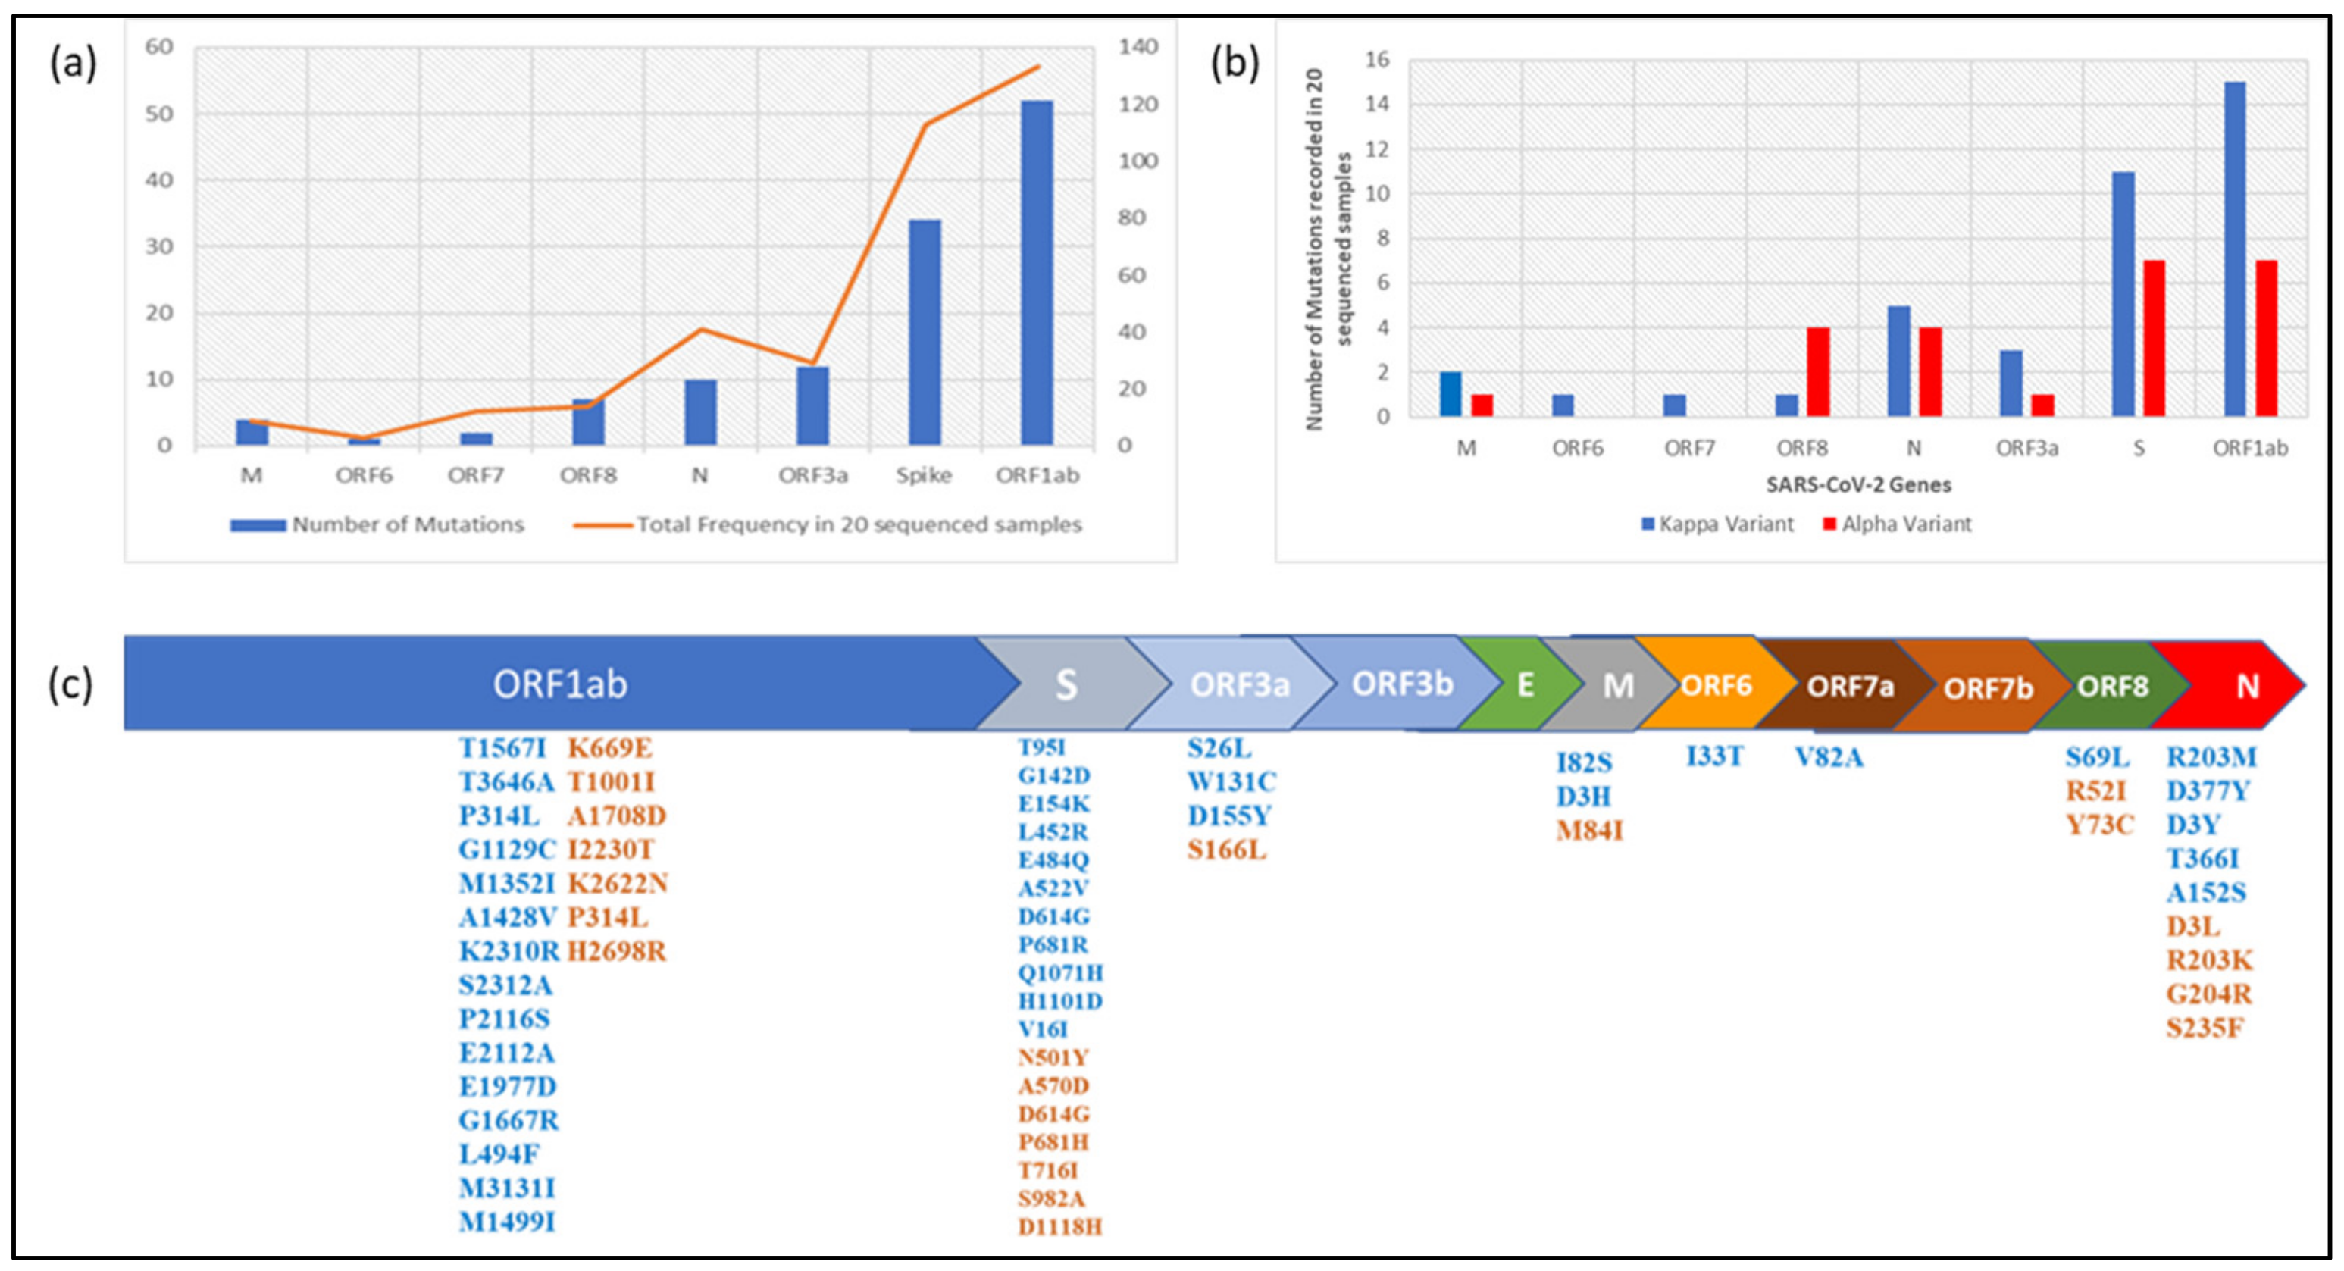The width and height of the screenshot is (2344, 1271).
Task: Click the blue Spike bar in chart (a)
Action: [925, 332]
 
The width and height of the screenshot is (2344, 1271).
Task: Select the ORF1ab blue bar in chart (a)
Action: [1037, 273]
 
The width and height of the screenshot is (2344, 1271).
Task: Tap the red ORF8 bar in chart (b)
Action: [1818, 371]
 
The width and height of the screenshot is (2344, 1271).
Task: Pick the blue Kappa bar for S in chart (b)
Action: [2123, 294]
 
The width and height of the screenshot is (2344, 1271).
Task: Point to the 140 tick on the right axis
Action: [1138, 46]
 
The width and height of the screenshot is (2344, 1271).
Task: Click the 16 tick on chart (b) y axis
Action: [1377, 60]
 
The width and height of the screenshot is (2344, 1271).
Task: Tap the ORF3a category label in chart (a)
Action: [812, 475]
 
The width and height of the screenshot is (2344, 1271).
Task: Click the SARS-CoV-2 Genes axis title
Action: [1858, 485]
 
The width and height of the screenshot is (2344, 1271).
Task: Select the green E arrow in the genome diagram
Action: [1524, 684]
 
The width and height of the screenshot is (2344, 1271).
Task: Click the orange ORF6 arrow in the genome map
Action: [1715, 684]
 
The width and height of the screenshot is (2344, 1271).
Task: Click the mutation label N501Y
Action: [1053, 1057]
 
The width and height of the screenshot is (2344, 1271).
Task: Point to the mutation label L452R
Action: [1052, 831]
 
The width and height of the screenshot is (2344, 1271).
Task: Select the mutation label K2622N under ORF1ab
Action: [618, 884]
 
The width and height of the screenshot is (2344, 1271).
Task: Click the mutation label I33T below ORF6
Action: [1714, 756]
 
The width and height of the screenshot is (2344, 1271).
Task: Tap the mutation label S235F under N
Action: [2204, 1028]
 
